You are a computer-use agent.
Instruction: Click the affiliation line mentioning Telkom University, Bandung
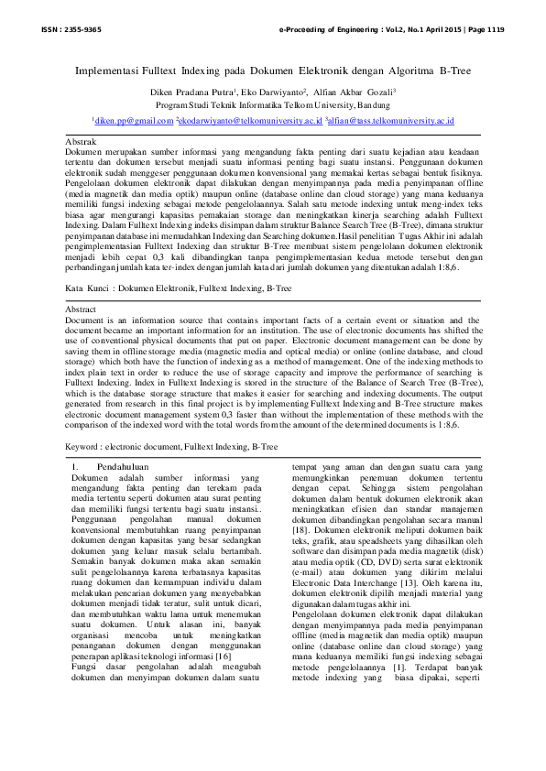(x=272, y=105)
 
